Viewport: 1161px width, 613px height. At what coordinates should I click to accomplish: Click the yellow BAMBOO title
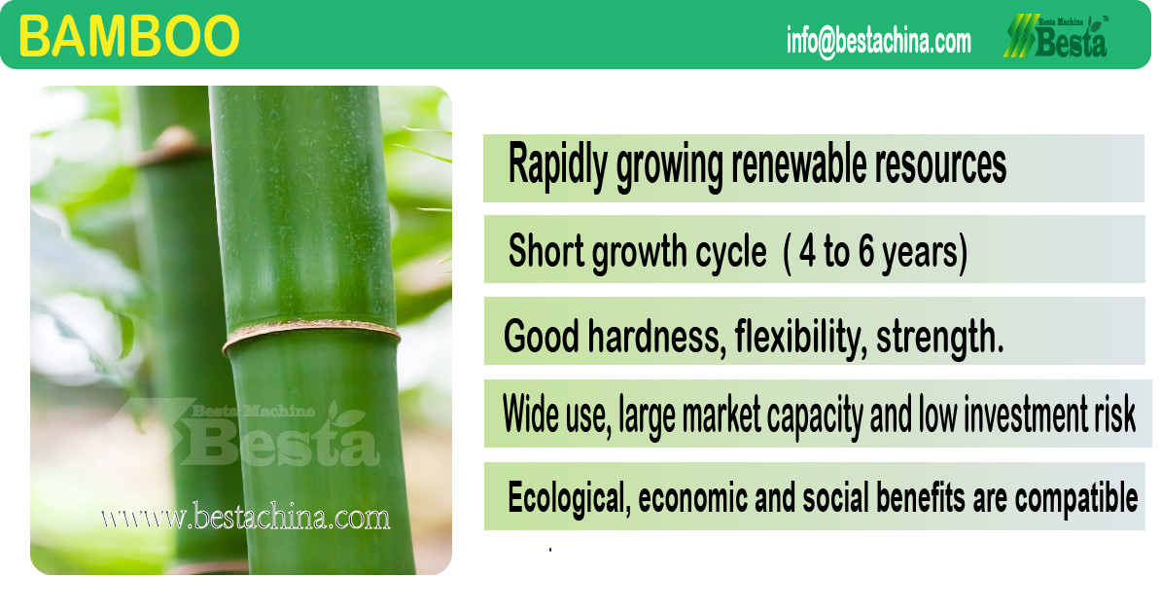pyautogui.click(x=128, y=36)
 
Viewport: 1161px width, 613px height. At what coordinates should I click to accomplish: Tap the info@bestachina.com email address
pyautogui.click(x=879, y=40)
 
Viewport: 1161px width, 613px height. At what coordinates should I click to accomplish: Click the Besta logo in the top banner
pyautogui.click(x=1056, y=36)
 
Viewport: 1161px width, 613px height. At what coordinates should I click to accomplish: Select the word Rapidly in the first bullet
pyautogui.click(x=558, y=164)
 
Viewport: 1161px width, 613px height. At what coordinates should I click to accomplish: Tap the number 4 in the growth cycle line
pyautogui.click(x=807, y=251)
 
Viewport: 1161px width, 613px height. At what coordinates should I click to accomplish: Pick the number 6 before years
pyautogui.click(x=866, y=251)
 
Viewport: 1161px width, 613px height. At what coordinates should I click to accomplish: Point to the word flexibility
pyautogui.click(x=800, y=338)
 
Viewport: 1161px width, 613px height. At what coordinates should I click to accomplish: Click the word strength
pyautogui.click(x=939, y=338)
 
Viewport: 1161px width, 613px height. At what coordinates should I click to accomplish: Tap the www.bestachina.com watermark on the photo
pyautogui.click(x=245, y=517)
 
